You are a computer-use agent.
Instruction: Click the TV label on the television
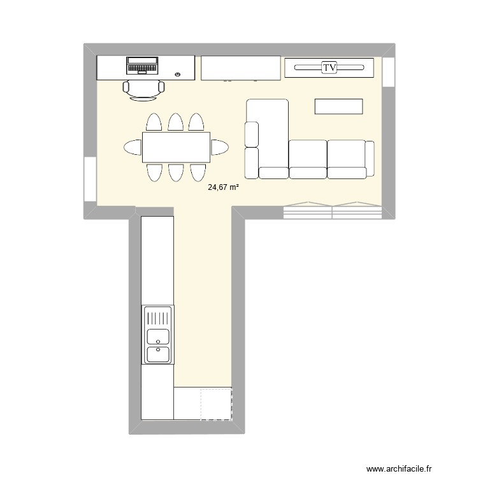pos(329,67)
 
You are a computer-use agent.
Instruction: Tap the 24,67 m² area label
pos(223,187)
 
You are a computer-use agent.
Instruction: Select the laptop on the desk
pos(142,66)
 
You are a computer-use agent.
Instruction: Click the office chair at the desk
pos(143,90)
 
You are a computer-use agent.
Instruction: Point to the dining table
pos(176,147)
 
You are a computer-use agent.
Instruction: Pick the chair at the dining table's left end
pos(133,148)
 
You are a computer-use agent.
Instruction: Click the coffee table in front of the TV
pos(338,106)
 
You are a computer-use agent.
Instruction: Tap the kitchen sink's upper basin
pos(158,336)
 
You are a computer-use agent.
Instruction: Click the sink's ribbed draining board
pos(158,316)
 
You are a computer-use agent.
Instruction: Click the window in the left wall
pos(90,180)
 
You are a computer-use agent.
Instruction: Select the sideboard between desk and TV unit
pos(240,68)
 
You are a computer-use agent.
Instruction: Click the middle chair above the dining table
pos(175,122)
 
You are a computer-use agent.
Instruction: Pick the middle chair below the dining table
pos(175,172)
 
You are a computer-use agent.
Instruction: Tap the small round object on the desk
pos(177,75)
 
